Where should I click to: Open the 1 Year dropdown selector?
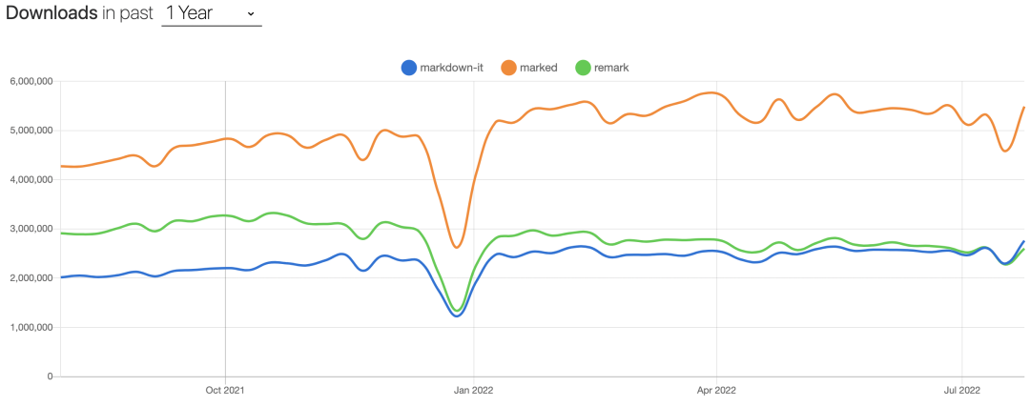pos(211,13)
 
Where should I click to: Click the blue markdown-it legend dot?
pos(409,67)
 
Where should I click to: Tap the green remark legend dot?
pos(584,67)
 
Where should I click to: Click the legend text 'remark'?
pos(612,67)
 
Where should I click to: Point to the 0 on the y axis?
pos(49,376)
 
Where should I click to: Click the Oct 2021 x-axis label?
pos(225,389)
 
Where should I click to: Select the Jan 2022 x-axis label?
pos(475,389)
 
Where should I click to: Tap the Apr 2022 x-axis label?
pos(716,389)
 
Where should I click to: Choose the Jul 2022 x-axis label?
pos(961,389)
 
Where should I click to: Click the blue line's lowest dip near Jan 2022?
pos(457,315)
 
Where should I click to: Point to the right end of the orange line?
pos(1023,108)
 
